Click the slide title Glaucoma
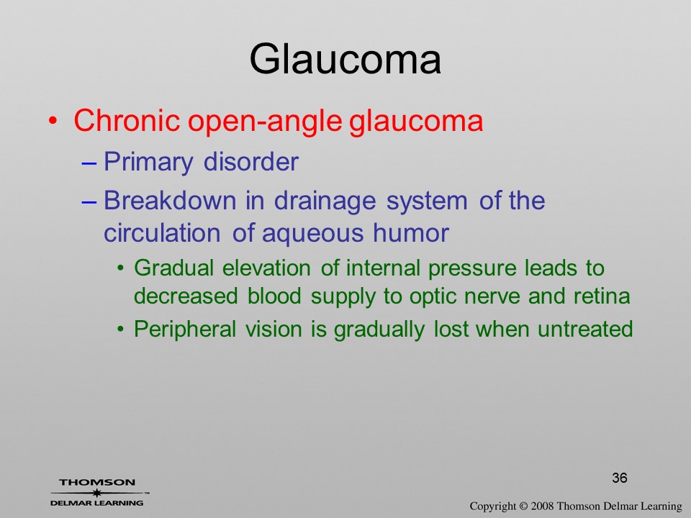pyautogui.click(x=345, y=59)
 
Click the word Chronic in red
pyautogui.click(x=127, y=120)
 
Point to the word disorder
pyautogui.click(x=250, y=161)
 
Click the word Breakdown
pyautogui.click(x=170, y=200)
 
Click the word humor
pyautogui.click(x=411, y=232)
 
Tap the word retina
pyautogui.click(x=602, y=296)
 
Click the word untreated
pyautogui.click(x=585, y=330)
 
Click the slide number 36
pyautogui.click(x=620, y=478)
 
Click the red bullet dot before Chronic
pyautogui.click(x=53, y=121)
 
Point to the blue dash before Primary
pyautogui.click(x=89, y=163)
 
